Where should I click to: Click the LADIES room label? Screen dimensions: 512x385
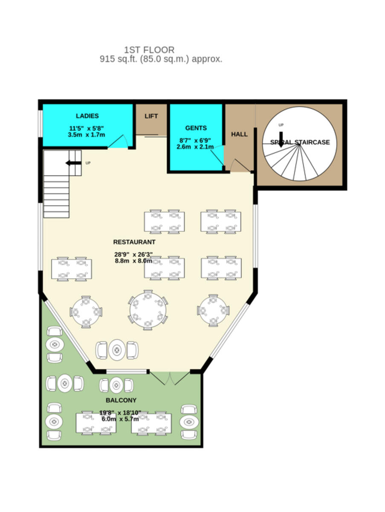tap(87, 116)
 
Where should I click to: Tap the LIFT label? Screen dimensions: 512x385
tap(151, 116)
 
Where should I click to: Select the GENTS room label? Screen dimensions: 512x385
tap(196, 128)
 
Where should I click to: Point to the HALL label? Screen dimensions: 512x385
tap(239, 134)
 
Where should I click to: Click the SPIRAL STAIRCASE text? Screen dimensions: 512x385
tap(300, 142)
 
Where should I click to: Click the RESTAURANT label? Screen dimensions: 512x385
tap(134, 242)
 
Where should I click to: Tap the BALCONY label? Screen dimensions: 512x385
tap(121, 400)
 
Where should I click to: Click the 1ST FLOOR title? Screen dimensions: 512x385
tap(149, 50)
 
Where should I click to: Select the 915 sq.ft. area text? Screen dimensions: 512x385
tap(161, 59)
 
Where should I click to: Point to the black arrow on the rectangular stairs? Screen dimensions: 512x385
tap(73, 163)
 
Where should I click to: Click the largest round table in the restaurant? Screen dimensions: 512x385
tap(148, 310)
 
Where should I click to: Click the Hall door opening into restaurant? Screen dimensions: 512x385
tap(239, 166)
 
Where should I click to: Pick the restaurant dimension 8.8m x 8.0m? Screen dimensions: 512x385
tap(133, 261)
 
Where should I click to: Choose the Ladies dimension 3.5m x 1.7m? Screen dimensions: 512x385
tap(86, 134)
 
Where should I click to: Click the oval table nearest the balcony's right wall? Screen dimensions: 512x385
tap(188, 422)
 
